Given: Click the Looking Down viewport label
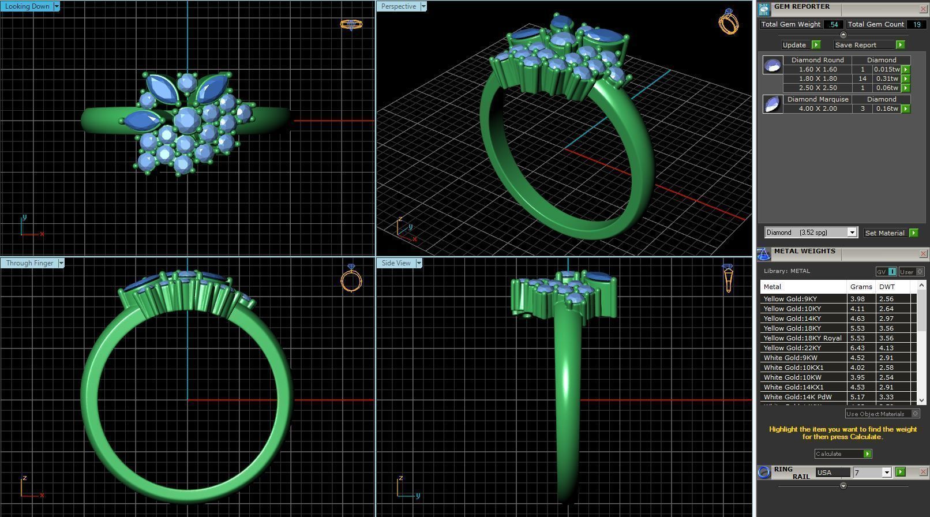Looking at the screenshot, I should [x=27, y=6].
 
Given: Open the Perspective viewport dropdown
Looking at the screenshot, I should [x=423, y=6].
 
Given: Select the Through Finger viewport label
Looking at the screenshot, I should [x=29, y=263].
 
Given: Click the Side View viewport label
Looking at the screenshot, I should [x=396, y=263].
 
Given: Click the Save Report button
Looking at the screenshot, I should [x=856, y=45].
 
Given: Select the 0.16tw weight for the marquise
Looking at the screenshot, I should [x=886, y=108].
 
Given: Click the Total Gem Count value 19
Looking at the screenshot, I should [x=916, y=24].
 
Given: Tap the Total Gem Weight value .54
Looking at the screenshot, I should [x=833, y=24].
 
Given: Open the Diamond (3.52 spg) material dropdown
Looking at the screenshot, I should [x=852, y=233].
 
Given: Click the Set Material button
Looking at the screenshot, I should [x=885, y=233].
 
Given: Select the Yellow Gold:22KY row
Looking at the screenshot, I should [x=802, y=348].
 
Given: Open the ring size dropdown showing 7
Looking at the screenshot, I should [x=887, y=473].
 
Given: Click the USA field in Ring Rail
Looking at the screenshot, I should [x=832, y=473].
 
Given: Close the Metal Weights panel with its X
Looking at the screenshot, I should [x=922, y=254].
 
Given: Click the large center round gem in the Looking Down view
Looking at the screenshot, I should [x=186, y=121].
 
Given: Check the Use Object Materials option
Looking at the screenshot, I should [x=915, y=414].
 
